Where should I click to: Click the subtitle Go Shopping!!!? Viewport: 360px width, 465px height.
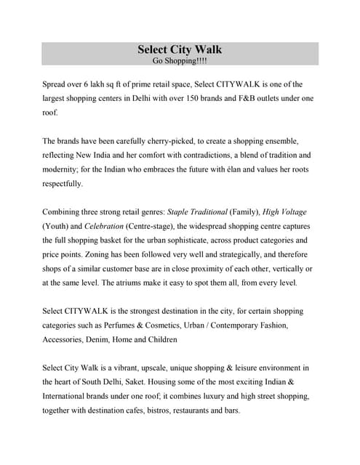[180, 61]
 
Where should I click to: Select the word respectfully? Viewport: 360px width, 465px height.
[63, 183]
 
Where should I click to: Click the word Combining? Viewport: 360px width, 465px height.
[63, 211]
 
